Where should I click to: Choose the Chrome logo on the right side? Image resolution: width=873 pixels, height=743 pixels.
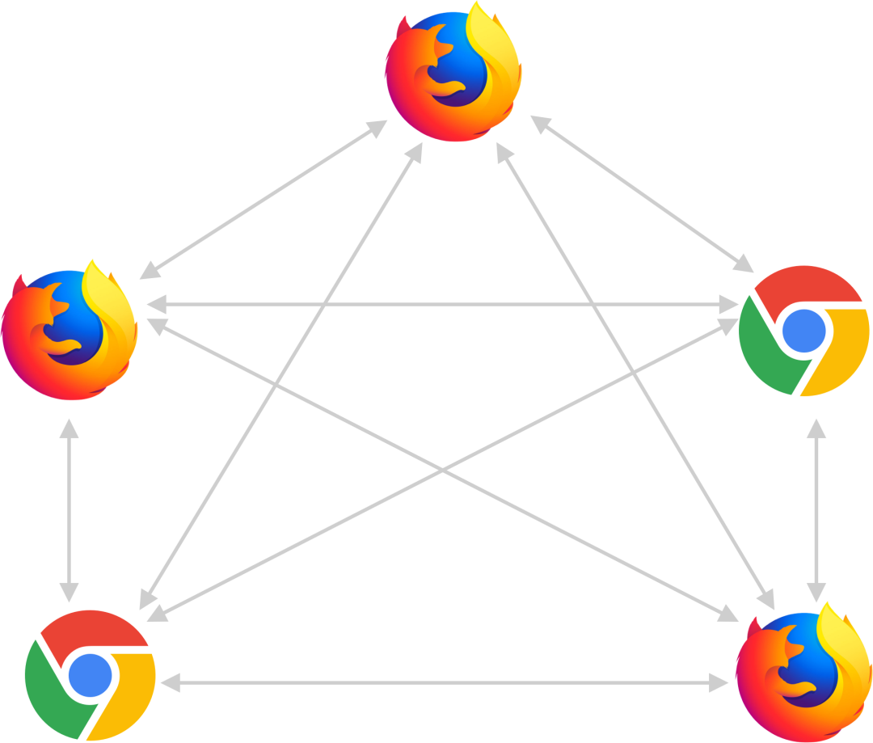[x=804, y=330]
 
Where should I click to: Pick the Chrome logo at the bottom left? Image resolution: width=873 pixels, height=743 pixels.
[x=90, y=676]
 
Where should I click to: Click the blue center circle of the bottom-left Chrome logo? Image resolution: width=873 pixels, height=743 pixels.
[x=90, y=676]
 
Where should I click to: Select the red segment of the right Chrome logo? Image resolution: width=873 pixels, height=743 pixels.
[x=800, y=285]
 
